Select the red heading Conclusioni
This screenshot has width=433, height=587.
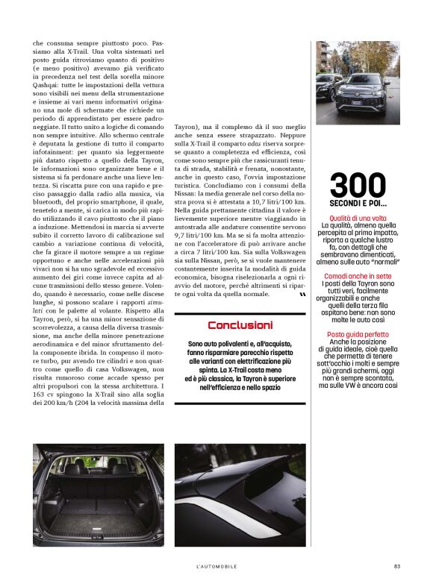240,325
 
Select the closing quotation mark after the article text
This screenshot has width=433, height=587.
302,295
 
